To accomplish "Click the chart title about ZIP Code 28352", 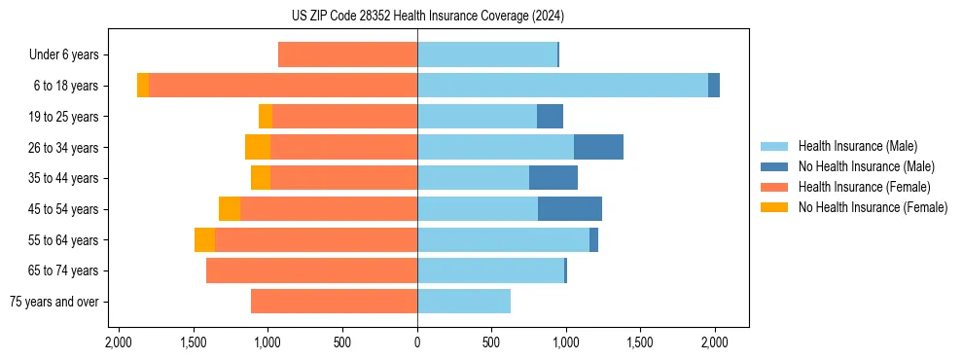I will click(481, 17).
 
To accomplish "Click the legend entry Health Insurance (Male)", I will click(857, 146).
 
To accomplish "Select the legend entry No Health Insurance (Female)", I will click(873, 207).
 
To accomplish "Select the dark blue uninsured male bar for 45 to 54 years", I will click(570, 209).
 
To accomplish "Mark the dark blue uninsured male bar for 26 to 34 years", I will click(598, 147).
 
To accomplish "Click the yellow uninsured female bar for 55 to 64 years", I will click(204, 240).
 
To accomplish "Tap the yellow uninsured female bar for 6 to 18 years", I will click(143, 86).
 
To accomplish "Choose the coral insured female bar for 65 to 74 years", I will click(311, 270).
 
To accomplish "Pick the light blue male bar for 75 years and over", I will click(464, 302).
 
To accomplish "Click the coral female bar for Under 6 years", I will click(347, 54).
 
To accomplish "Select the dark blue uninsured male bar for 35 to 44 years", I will click(553, 178).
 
